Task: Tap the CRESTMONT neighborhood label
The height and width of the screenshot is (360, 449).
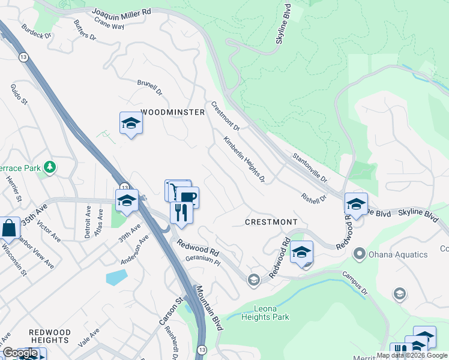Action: click(271, 222)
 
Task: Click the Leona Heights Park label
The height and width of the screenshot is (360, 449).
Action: click(265, 313)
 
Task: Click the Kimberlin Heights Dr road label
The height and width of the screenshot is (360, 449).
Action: click(244, 159)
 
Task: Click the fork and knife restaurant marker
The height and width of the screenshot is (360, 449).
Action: click(181, 212)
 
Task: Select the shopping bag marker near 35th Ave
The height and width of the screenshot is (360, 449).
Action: click(9, 228)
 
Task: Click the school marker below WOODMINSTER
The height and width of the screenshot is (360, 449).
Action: click(131, 124)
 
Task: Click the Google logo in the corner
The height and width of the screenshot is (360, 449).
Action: click(20, 353)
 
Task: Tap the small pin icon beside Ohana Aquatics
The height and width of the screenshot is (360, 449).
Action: click(360, 254)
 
